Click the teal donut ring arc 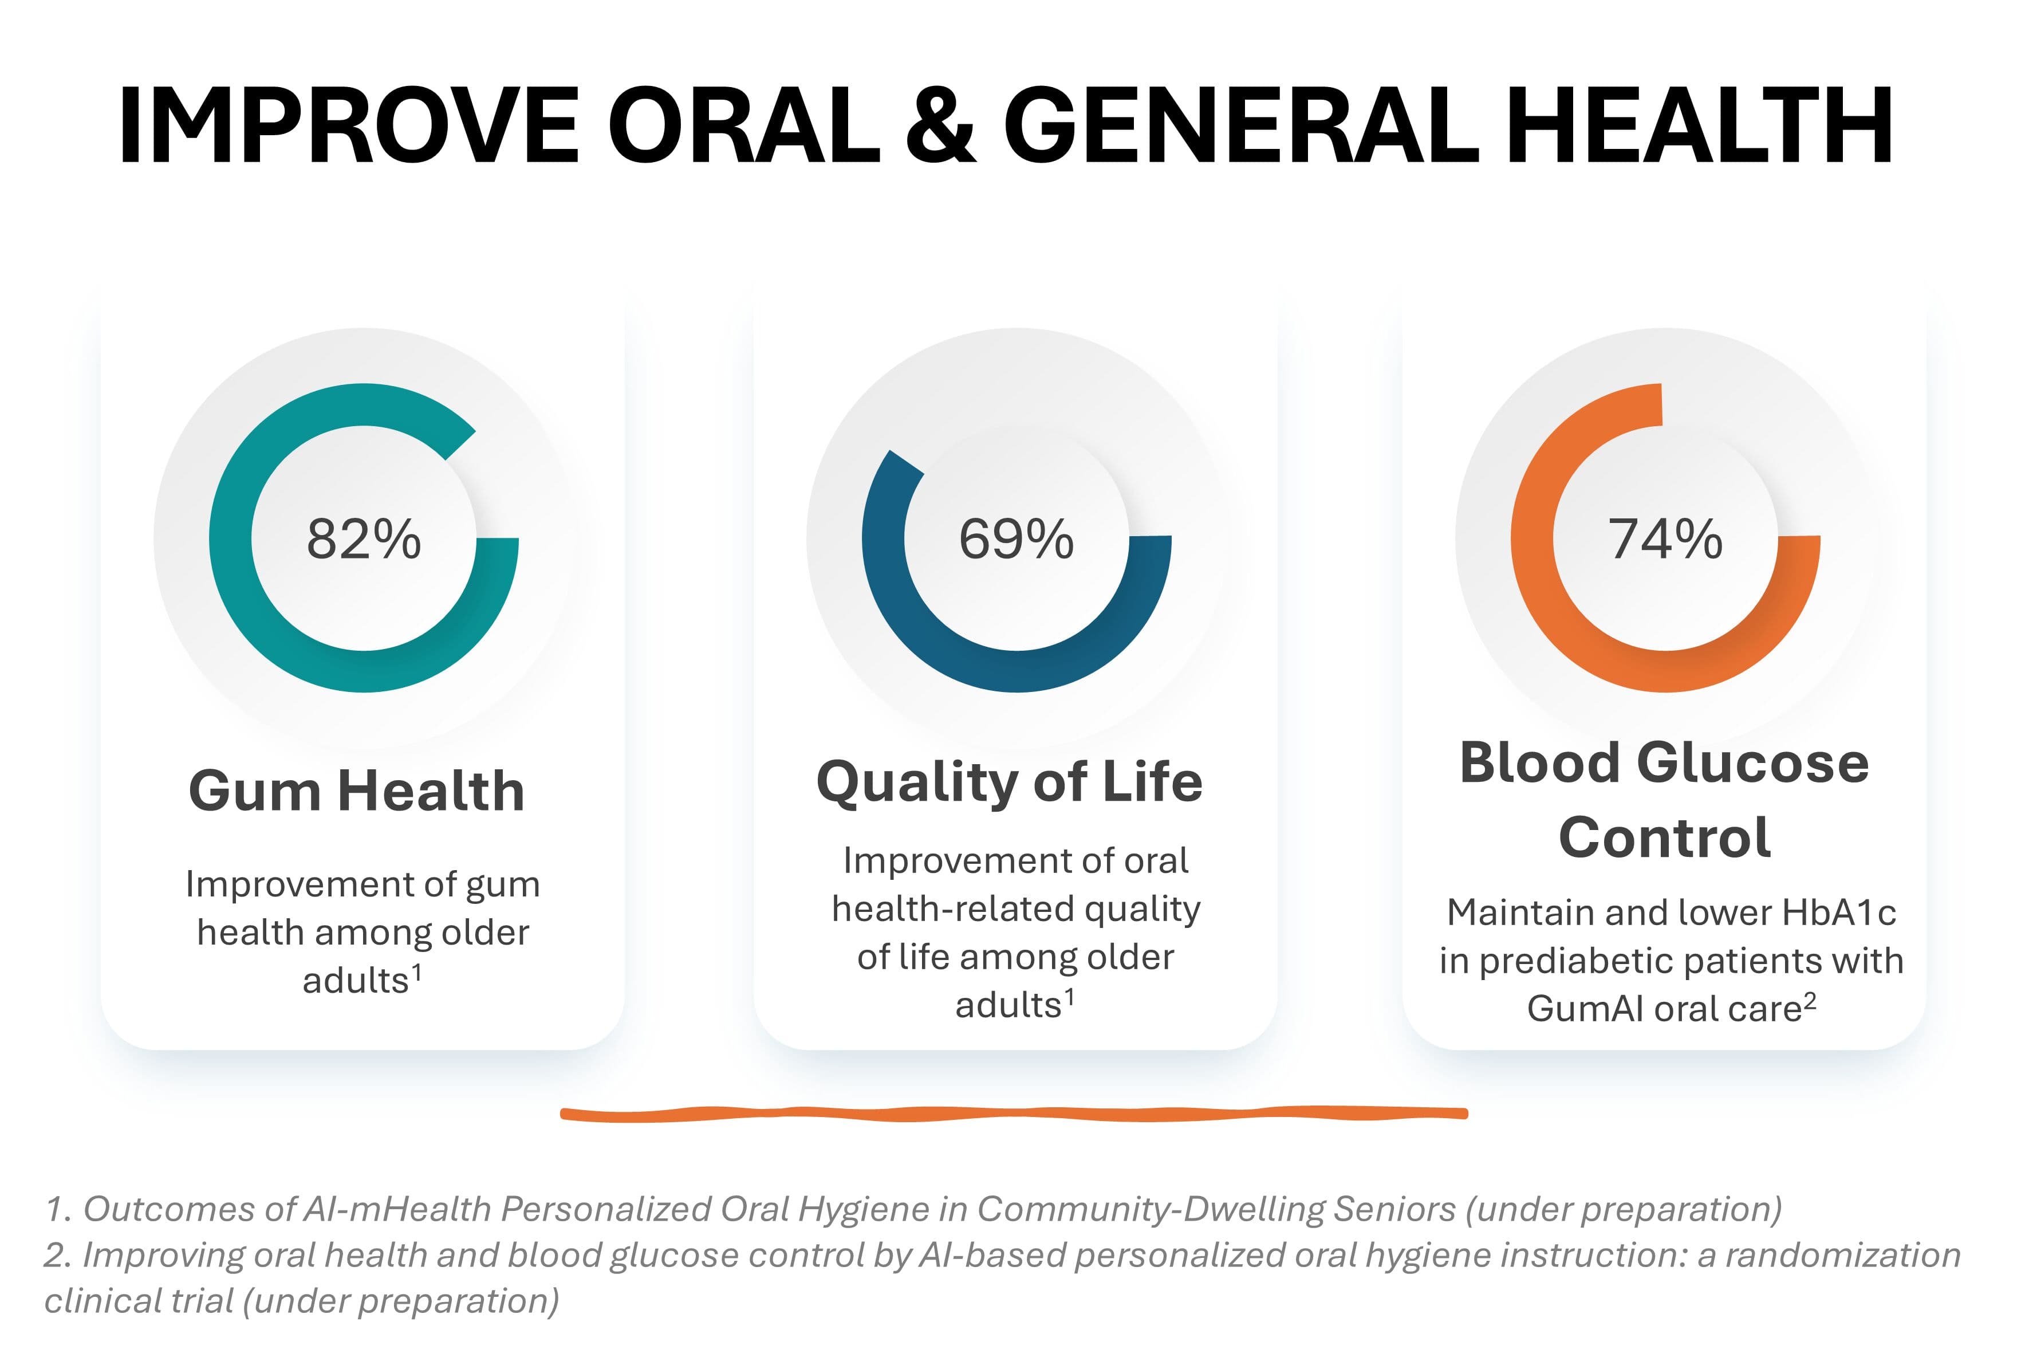231,539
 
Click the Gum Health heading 356,790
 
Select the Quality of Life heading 1009,782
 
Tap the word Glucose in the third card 1752,764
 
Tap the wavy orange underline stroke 1014,1114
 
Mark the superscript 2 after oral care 1810,999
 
